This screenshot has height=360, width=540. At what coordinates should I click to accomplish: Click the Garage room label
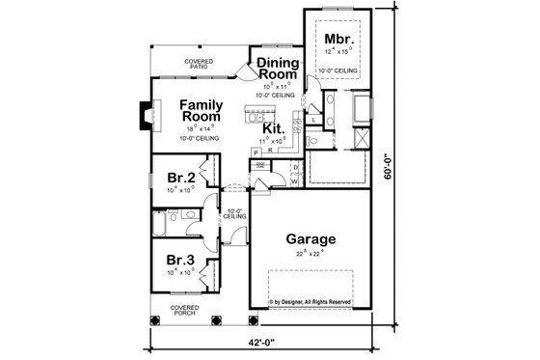[x=310, y=238]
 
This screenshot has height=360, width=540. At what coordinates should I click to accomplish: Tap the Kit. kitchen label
[x=273, y=127]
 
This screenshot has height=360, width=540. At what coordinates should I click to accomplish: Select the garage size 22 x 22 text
[x=310, y=254]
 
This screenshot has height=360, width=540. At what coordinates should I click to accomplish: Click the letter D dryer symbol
[x=295, y=166]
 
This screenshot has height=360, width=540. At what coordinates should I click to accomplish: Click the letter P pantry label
[x=256, y=152]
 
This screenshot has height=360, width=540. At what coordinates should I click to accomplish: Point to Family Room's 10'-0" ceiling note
[x=202, y=139]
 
